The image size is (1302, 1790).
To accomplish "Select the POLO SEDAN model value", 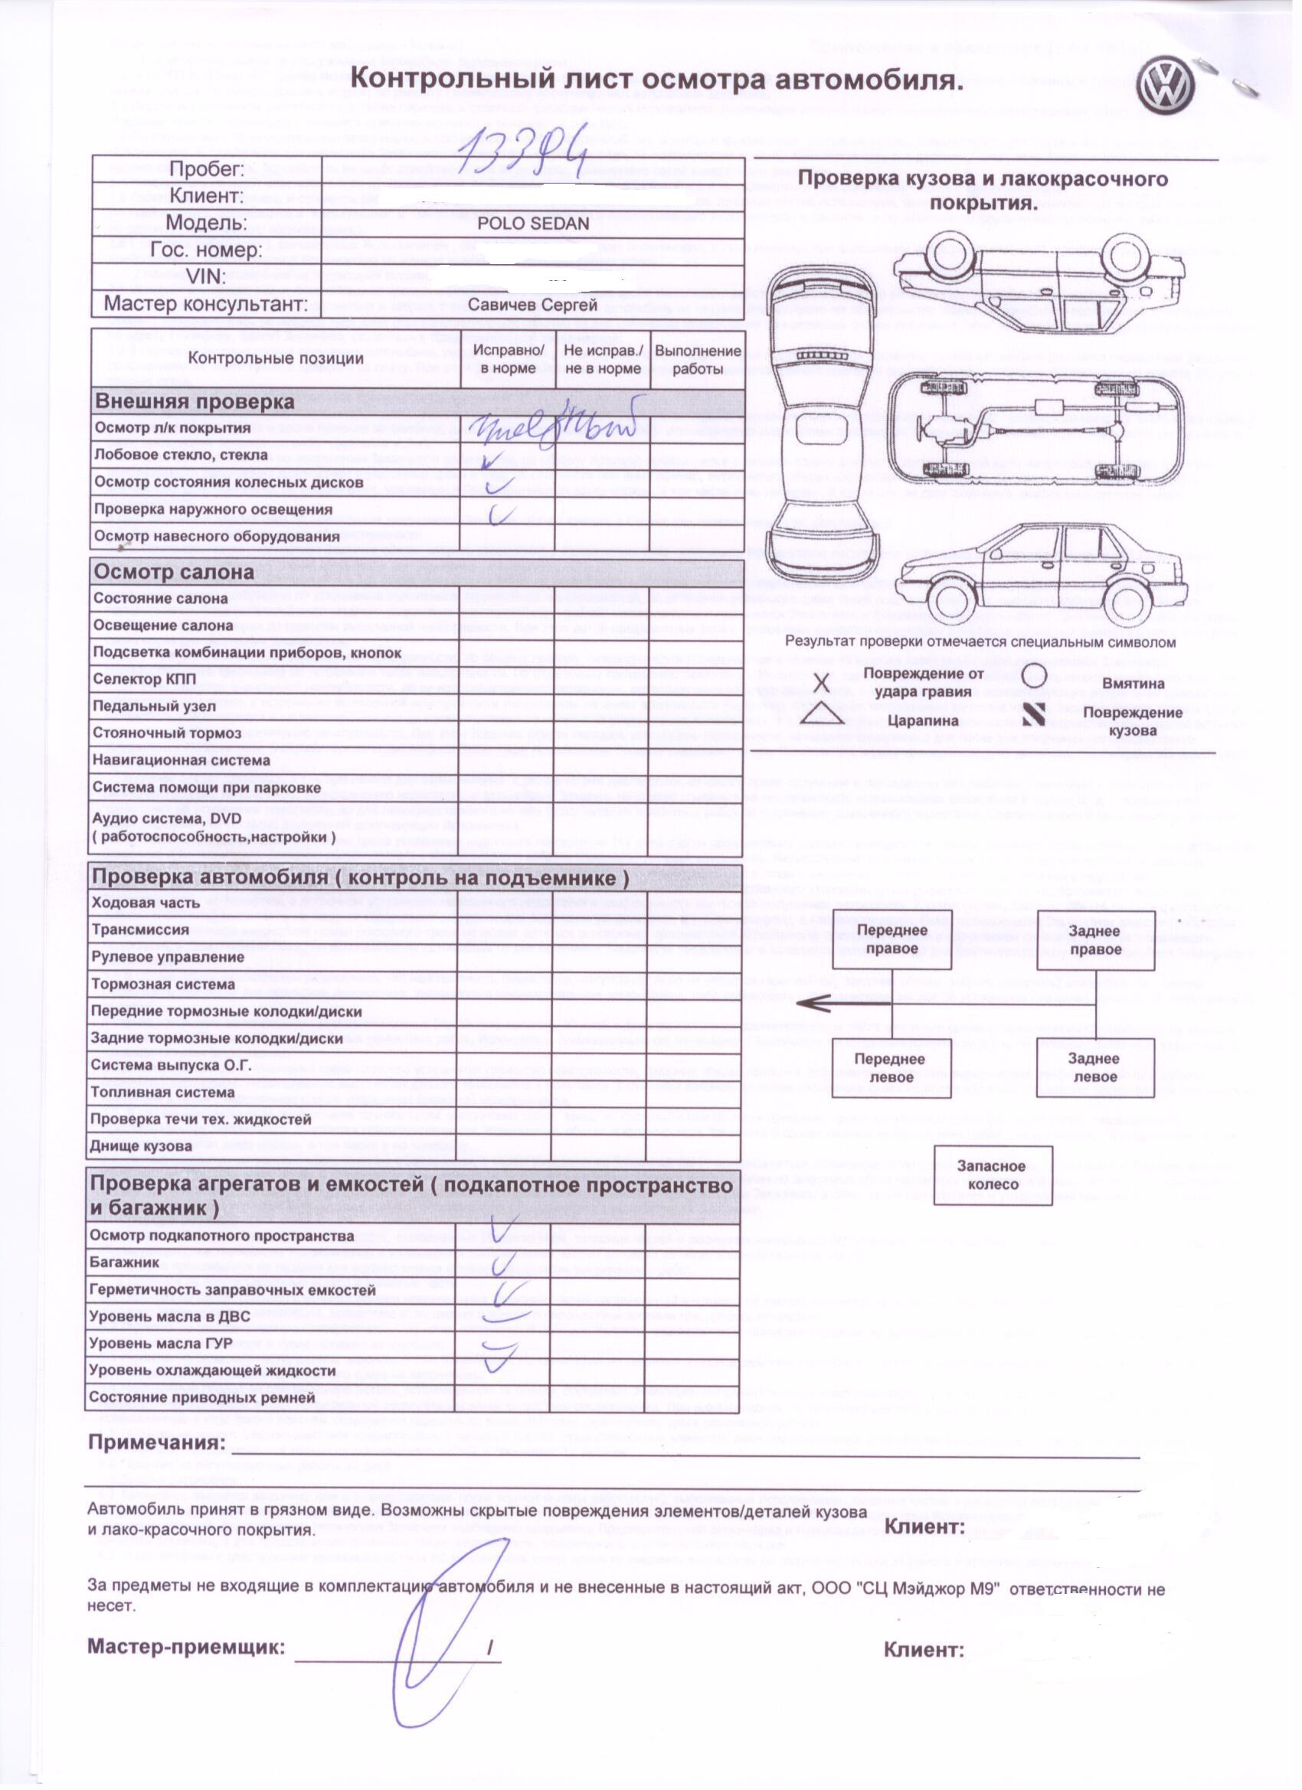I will click(533, 224).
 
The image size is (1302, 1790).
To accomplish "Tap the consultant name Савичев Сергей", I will click(533, 304).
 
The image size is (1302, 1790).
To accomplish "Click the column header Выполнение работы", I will click(698, 359).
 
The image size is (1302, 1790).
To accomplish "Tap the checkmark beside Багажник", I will click(500, 1263).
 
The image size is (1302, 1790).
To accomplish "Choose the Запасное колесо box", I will click(992, 1175).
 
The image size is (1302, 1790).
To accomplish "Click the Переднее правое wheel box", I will click(891, 939).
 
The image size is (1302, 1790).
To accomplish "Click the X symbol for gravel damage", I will click(823, 681).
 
